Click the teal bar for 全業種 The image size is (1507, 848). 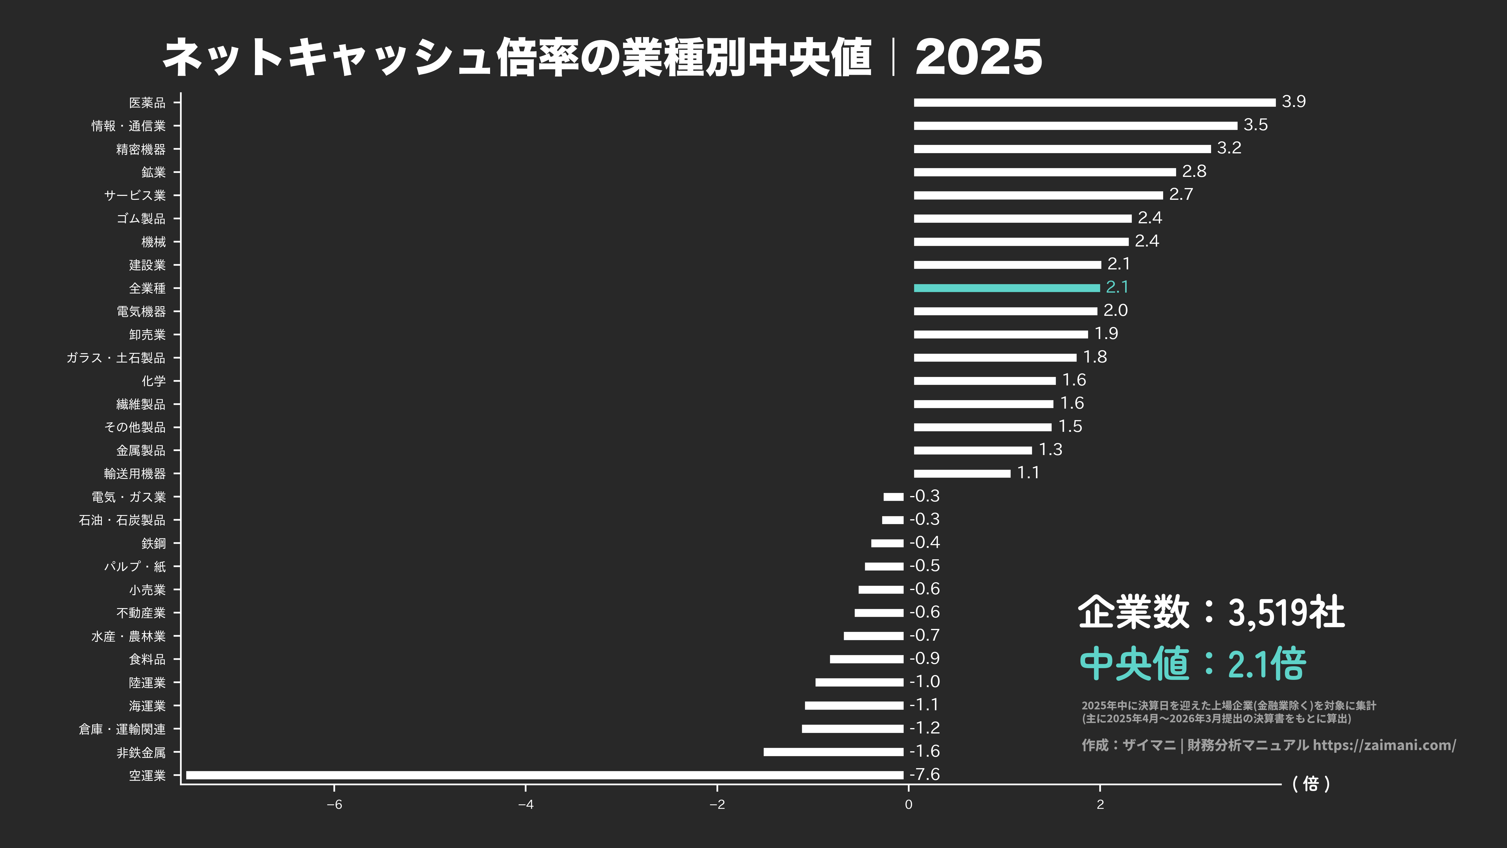point(1006,288)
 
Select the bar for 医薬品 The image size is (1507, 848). point(1094,102)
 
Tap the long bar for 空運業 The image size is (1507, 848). point(544,775)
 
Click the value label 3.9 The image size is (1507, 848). point(1294,102)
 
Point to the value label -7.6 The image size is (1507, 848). point(924,774)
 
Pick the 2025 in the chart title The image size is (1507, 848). point(978,57)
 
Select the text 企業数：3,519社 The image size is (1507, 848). point(1211,612)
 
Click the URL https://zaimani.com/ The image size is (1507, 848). point(1384,745)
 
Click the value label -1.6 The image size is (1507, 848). point(924,751)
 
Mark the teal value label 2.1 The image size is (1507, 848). point(1117,287)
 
